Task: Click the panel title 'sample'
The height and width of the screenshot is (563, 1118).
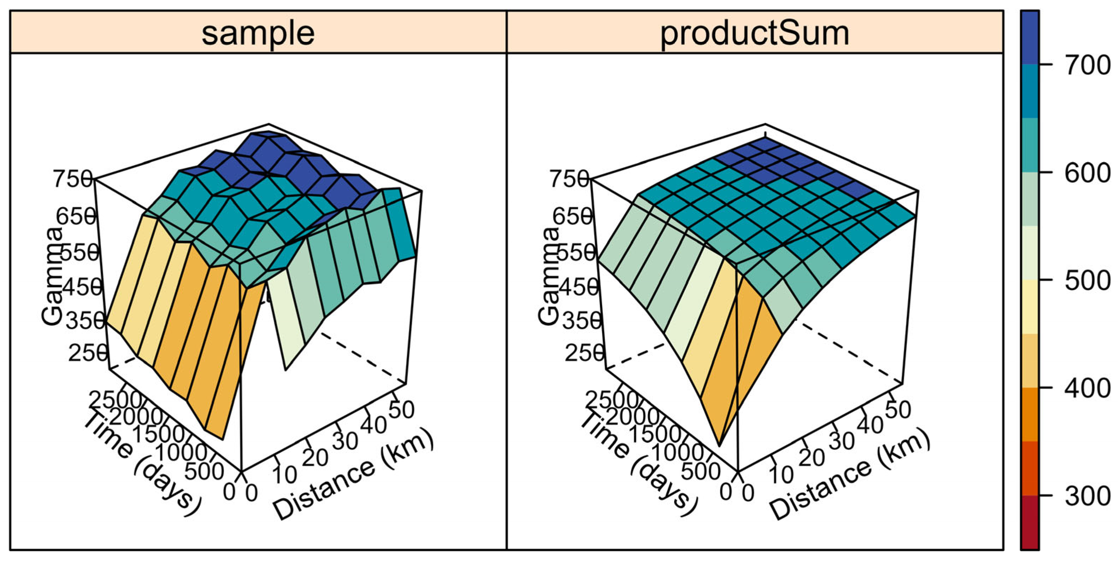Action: (x=258, y=34)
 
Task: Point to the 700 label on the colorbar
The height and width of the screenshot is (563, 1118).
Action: (x=1087, y=65)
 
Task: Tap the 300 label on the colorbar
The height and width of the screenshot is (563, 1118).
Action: (x=1087, y=496)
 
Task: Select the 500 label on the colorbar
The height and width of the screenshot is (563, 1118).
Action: (x=1087, y=281)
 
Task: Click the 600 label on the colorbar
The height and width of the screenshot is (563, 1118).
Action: (x=1087, y=173)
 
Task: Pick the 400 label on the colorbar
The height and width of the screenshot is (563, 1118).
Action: (x=1087, y=388)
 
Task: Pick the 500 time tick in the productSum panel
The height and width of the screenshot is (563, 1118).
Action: (x=701, y=471)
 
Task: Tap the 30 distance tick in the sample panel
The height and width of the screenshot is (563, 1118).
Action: (x=345, y=441)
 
